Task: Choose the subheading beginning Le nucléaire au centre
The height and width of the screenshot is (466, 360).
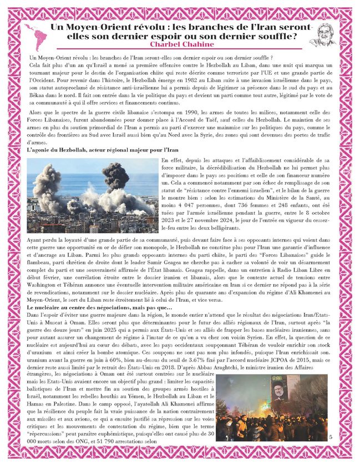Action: (x=100, y=308)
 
